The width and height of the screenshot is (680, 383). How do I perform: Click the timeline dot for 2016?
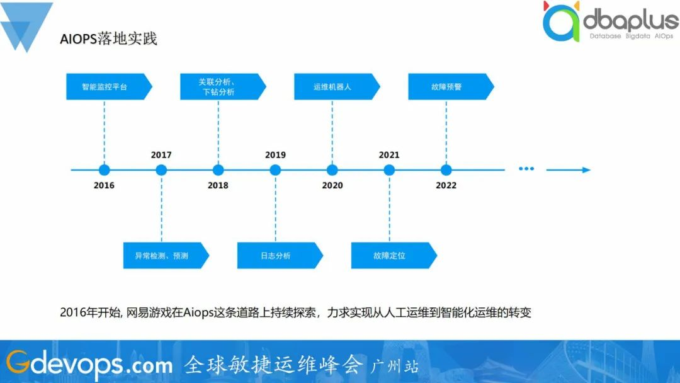(x=104, y=170)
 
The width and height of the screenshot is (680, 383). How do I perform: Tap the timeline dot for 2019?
(x=275, y=170)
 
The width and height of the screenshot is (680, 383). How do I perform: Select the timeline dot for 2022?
(x=446, y=170)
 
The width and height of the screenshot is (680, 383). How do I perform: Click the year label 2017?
(x=161, y=155)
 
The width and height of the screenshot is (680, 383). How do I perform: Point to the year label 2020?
(x=332, y=185)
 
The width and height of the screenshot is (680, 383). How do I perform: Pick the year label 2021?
(x=389, y=155)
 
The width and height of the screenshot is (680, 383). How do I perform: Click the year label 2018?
(x=218, y=185)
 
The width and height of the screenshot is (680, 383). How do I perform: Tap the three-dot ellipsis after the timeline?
(x=526, y=169)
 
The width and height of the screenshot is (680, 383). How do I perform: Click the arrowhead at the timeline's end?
(x=587, y=170)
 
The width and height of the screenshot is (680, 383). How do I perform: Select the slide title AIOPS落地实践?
(x=108, y=38)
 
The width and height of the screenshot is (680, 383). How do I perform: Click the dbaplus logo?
(x=611, y=21)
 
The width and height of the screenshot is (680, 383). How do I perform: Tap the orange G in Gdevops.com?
(x=18, y=362)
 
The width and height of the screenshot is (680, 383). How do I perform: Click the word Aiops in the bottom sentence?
(x=198, y=312)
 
